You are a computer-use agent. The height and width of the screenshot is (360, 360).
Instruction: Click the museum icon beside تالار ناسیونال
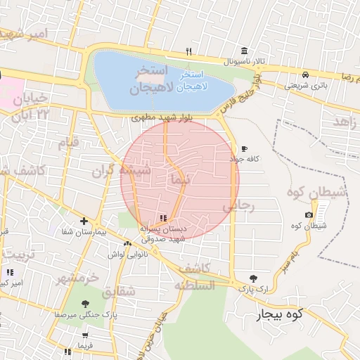pyautogui.click(x=244, y=51)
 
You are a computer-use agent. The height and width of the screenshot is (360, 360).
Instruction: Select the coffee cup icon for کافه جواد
pyautogui.click(x=244, y=149)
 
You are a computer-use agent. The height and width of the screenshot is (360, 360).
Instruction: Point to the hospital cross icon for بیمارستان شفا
pyautogui.click(x=83, y=221)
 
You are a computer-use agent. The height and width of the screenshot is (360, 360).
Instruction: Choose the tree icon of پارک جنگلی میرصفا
pyautogui.click(x=85, y=304)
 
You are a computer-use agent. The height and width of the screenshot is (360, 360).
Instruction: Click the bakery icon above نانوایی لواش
pyautogui.click(x=127, y=244)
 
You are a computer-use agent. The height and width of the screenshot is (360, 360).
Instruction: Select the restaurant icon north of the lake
pyautogui.click(x=188, y=51)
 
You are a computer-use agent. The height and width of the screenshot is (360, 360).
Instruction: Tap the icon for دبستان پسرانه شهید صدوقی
pyautogui.click(x=163, y=218)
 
